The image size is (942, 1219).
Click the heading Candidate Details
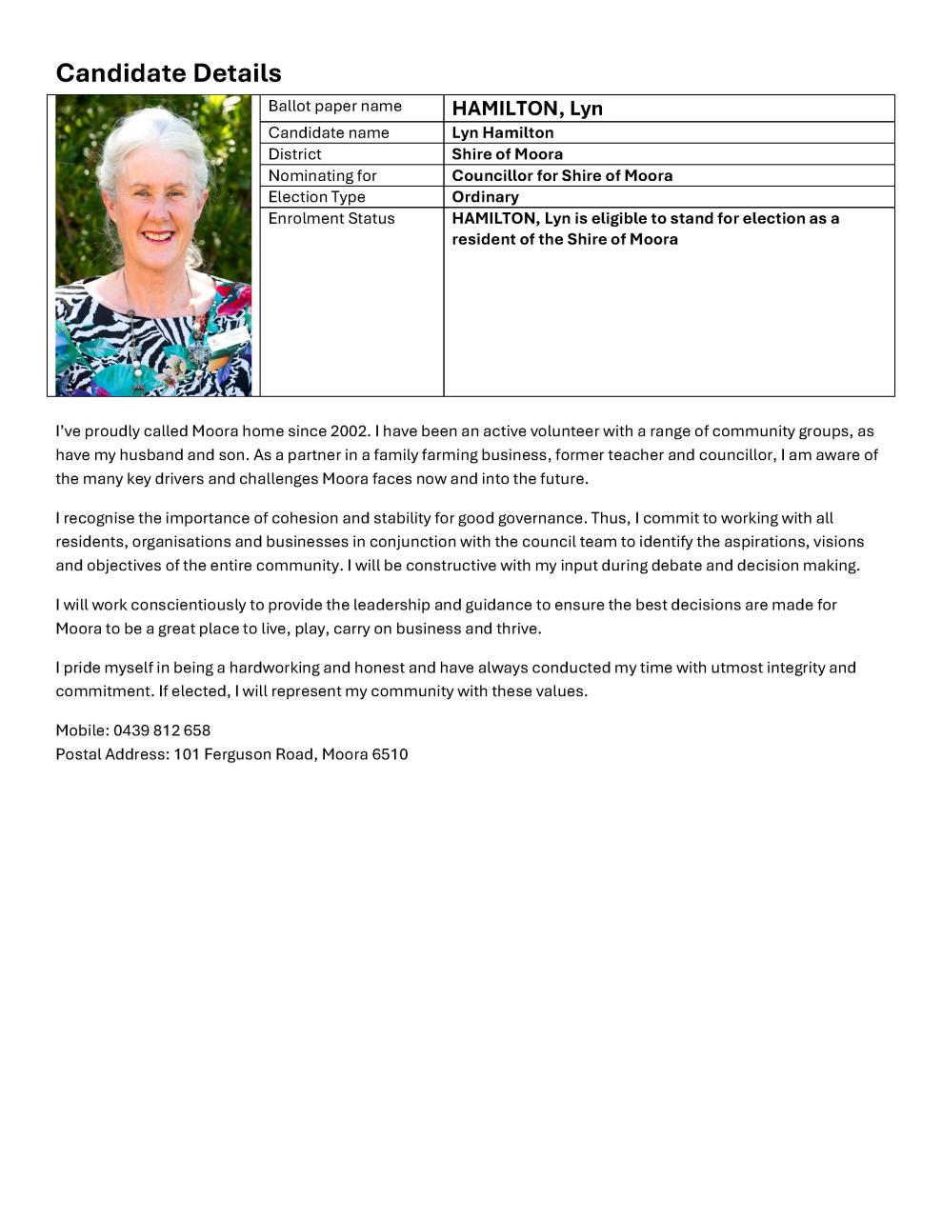coord(169,73)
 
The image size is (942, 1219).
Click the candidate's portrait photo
coord(153,246)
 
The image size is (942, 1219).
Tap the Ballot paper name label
coord(334,107)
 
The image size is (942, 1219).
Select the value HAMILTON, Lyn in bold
coord(527,109)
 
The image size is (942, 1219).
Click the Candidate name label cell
coord(329,133)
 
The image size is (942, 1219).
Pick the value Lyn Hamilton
coord(502,133)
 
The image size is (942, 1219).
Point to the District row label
coord(294,154)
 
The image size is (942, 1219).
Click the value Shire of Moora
coord(507,154)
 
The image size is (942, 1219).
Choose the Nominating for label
coord(322,176)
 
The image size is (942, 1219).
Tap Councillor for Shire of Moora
coord(562,176)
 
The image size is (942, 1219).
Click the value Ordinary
coord(485,197)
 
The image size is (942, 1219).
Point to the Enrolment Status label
coord(331,219)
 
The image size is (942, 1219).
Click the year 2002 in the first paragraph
coord(349,431)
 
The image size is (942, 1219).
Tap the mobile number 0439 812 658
coord(162,730)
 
